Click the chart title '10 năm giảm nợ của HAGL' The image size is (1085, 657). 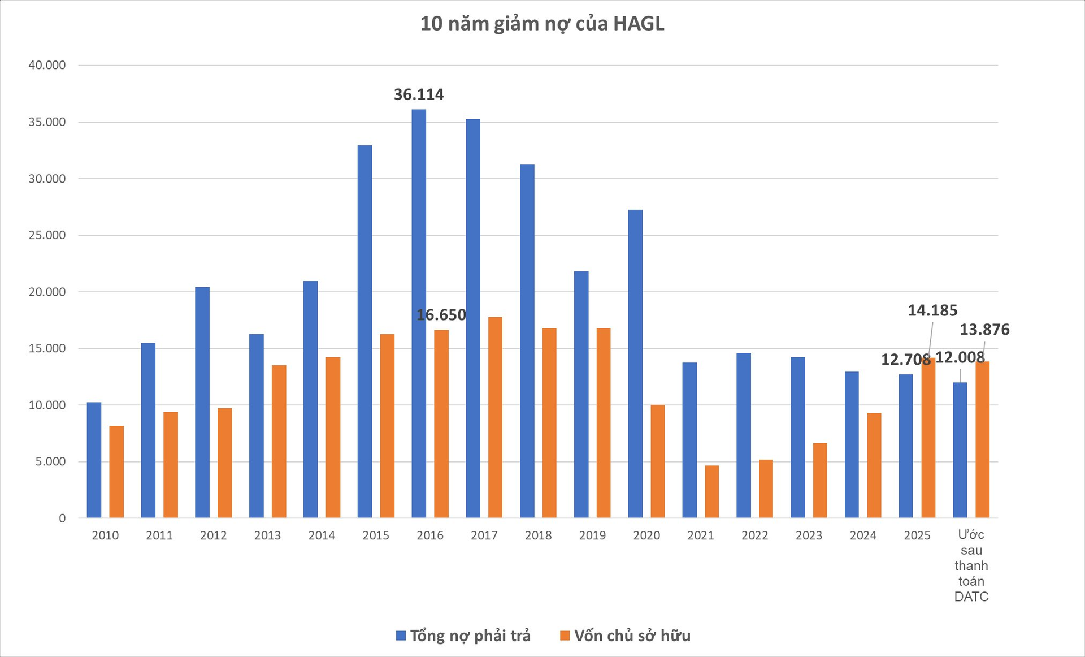point(542,24)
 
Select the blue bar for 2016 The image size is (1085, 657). point(419,314)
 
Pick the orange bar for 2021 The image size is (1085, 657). point(711,491)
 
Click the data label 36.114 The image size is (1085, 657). point(419,94)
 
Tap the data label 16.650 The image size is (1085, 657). point(441,315)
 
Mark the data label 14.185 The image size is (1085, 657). point(932,310)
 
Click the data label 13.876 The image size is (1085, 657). point(984,330)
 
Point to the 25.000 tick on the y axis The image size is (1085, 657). point(47,235)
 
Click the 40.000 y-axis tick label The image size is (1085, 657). point(47,65)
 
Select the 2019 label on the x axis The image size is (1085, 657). point(592,535)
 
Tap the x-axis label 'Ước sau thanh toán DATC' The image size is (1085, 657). point(971,565)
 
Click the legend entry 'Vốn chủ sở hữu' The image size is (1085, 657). point(626,636)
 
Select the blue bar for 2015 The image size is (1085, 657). point(364,331)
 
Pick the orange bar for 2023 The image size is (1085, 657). point(820,480)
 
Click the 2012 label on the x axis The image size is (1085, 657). point(213,535)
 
